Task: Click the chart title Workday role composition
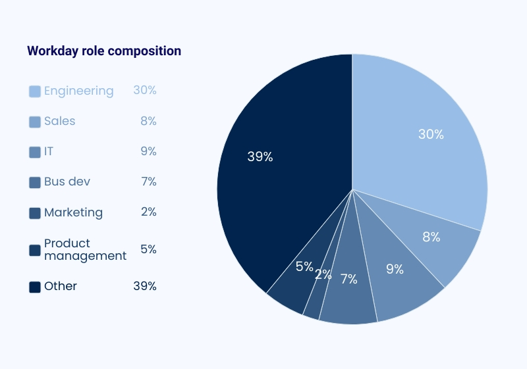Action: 104,51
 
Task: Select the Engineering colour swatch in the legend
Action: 35,91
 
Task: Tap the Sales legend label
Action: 60,121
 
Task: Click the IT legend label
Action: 49,151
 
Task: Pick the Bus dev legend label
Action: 67,182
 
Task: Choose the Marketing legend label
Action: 73,212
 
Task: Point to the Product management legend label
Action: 85,249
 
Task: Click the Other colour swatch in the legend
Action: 35,287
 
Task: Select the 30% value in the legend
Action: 144,90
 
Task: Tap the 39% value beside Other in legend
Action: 144,286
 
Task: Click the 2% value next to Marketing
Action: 148,212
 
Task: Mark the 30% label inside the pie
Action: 431,134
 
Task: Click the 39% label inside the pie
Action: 260,157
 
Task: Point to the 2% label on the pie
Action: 323,275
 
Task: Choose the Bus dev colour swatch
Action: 35,182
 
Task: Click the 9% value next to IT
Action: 148,151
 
